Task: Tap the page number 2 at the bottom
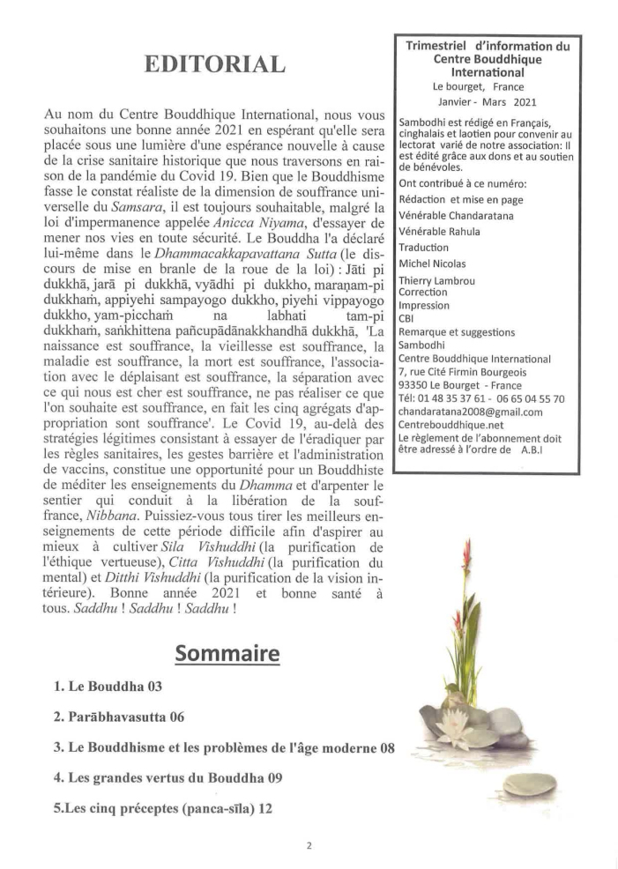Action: [x=309, y=845]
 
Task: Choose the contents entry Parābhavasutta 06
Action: [x=119, y=717]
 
